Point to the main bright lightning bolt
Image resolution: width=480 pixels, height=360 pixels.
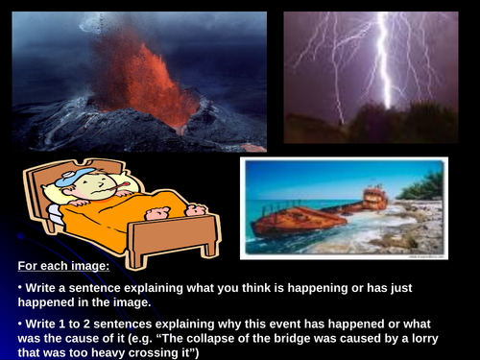click(x=384, y=67)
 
